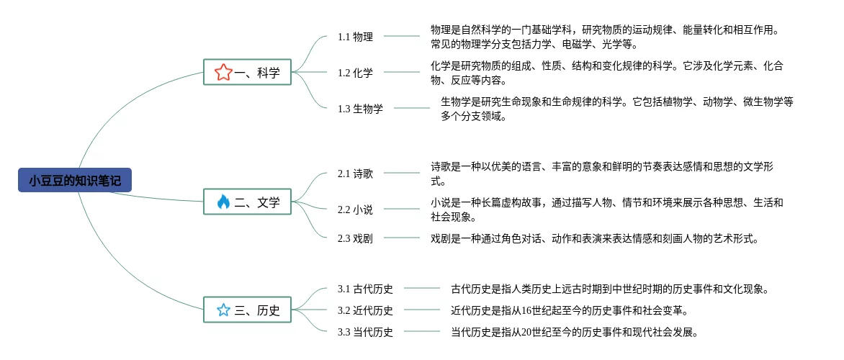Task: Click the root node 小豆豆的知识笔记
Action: (x=75, y=180)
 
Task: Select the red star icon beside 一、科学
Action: (x=223, y=72)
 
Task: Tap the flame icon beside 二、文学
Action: (x=223, y=202)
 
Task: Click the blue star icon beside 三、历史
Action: (x=223, y=310)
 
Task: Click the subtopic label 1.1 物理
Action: (x=355, y=37)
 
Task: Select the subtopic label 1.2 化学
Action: (x=355, y=73)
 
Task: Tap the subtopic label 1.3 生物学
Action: (x=360, y=109)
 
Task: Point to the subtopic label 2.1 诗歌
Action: (x=355, y=174)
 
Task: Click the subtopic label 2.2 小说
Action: (x=355, y=210)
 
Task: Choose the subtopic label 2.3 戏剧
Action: (x=355, y=238)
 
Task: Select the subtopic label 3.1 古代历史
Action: (x=365, y=289)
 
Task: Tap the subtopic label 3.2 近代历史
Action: (x=365, y=310)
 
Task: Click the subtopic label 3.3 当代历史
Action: (x=365, y=332)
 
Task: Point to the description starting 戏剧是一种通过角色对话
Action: (x=594, y=238)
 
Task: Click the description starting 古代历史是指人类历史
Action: (x=610, y=289)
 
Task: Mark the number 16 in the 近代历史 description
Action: (x=526, y=310)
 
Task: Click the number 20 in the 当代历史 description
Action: (x=526, y=332)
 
